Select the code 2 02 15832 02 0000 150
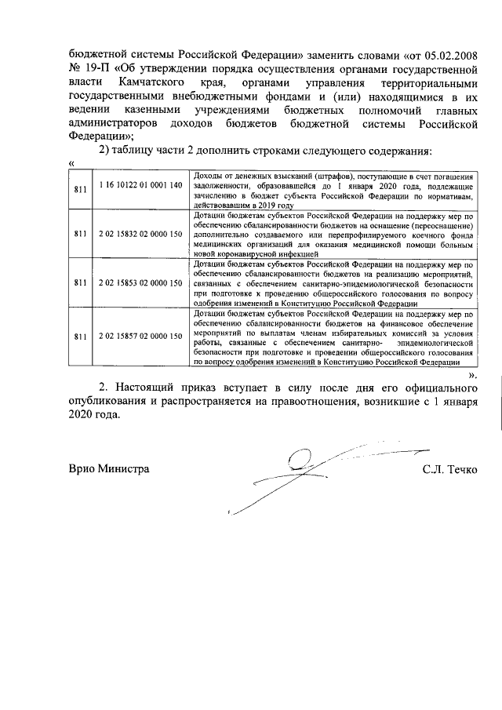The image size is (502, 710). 140,233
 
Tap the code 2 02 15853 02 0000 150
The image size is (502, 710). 140,282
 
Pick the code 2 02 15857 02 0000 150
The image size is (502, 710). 140,337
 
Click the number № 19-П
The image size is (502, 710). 90,69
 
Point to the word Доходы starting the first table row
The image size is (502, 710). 206,174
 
